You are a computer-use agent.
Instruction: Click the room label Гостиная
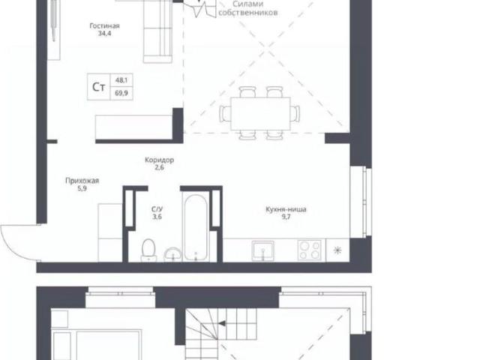(105, 25)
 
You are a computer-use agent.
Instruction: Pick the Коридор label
(159, 160)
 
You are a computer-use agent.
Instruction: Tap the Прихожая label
(82, 180)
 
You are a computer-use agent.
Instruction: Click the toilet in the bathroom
(148, 248)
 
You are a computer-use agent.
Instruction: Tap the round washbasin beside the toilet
(172, 253)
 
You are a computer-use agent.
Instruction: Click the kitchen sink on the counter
(262, 250)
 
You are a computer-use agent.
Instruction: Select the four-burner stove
(309, 250)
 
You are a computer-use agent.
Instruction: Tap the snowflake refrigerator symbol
(336, 250)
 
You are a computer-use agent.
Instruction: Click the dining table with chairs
(259, 113)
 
